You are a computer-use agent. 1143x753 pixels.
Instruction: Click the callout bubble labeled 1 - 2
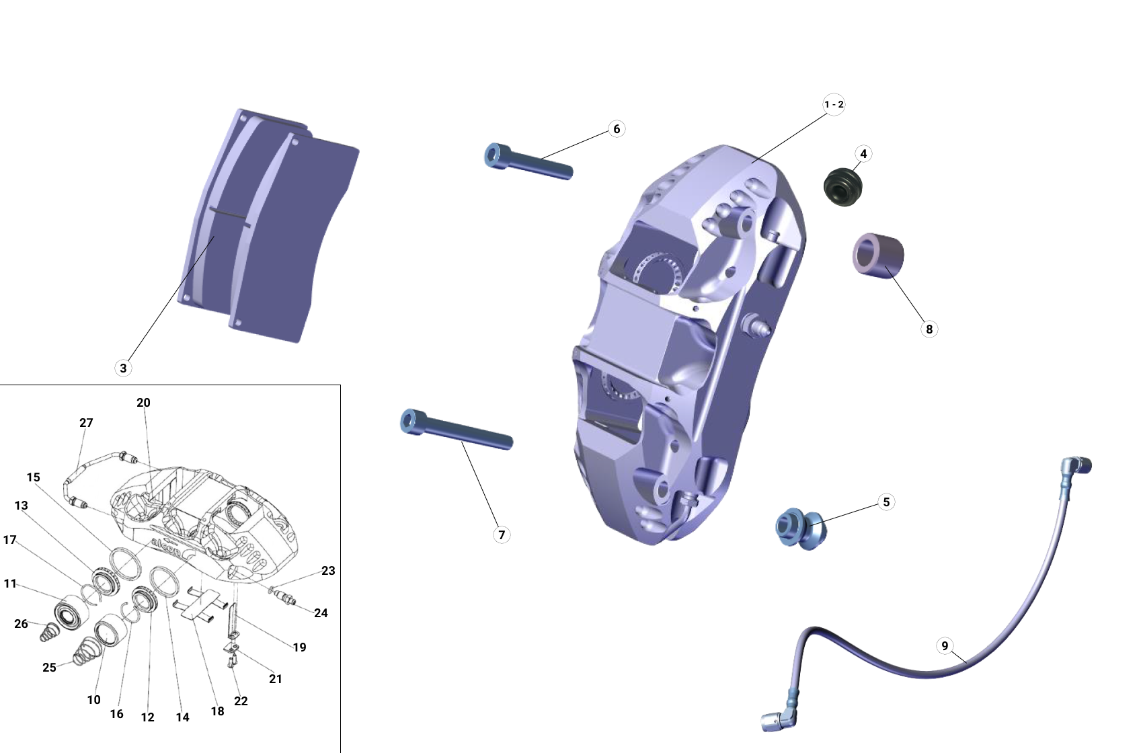tap(834, 104)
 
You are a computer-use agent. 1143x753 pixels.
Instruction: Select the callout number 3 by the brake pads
tap(123, 368)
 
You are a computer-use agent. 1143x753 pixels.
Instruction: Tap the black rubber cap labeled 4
tap(843, 188)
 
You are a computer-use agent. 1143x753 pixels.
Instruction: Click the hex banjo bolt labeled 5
tap(800, 528)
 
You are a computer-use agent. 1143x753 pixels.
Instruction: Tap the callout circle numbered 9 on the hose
tap(945, 646)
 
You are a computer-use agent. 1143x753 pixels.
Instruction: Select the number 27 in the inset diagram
tap(86, 423)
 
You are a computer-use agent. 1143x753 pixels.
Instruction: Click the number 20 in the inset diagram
tap(143, 403)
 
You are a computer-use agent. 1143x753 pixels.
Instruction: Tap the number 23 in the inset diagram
tap(328, 571)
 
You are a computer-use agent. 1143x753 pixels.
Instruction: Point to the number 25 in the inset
tap(49, 668)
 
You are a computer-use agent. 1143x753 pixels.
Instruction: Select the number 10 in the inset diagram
tap(93, 700)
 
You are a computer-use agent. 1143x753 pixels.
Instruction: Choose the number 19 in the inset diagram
tap(299, 647)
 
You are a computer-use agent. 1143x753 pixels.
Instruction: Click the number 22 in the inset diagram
tap(241, 701)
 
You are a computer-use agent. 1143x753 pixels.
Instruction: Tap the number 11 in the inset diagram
tap(10, 584)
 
